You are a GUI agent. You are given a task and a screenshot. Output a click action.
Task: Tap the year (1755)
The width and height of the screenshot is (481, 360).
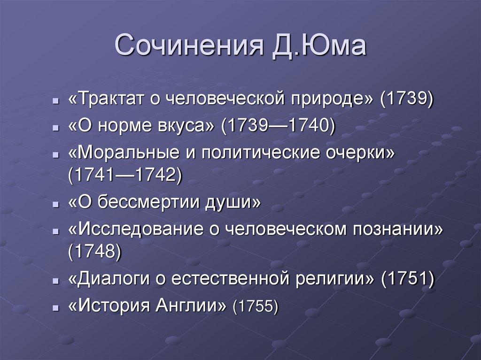pos(256,306)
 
